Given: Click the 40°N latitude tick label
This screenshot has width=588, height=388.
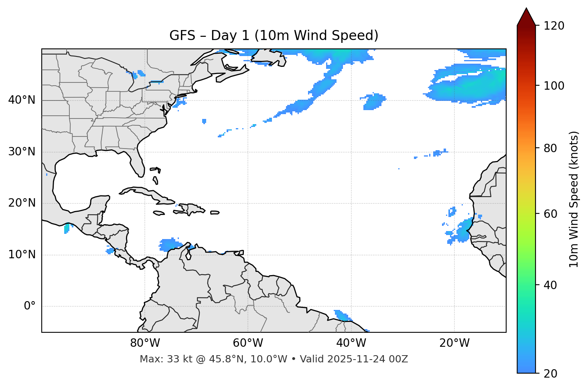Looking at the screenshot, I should click(22, 100).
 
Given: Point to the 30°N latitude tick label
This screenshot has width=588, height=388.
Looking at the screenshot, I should click(22, 152).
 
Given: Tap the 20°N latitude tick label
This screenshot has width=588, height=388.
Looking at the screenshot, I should click(22, 203).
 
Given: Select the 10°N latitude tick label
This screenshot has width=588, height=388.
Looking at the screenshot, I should click(22, 255).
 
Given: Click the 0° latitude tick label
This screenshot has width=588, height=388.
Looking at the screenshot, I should click(30, 306).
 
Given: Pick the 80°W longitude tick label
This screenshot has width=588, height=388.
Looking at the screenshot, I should click(145, 343).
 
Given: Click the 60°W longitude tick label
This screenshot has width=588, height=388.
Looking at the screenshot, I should click(248, 343).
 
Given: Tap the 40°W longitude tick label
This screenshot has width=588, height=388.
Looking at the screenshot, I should click(351, 343).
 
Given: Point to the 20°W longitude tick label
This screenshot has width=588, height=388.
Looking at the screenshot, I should click(454, 343).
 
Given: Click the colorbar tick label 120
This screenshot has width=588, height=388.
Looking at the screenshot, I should click(554, 26).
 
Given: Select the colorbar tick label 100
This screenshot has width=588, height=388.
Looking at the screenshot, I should click(554, 86).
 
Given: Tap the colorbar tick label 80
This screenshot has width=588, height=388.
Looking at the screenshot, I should click(551, 148).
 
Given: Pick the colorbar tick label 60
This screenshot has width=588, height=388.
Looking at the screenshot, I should click(551, 214).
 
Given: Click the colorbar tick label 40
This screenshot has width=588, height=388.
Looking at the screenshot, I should click(551, 285).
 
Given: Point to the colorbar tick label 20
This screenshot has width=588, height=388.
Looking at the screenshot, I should click(551, 374).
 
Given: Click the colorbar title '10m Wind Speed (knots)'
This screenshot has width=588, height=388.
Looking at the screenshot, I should click(574, 199).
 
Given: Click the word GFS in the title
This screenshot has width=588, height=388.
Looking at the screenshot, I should click(182, 36).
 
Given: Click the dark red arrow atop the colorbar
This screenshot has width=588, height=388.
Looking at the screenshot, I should click(526, 17).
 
